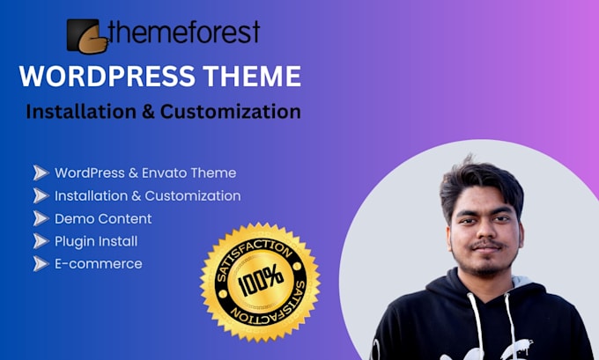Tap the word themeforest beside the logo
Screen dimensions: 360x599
pyautogui.click(x=185, y=33)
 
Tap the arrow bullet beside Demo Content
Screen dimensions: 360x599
pyautogui.click(x=40, y=218)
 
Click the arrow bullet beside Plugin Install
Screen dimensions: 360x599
pyautogui.click(x=40, y=241)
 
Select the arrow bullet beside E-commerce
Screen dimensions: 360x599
pyautogui.click(x=40, y=263)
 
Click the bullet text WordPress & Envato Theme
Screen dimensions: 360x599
pyautogui.click(x=145, y=173)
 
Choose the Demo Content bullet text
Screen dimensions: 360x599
pyautogui.click(x=103, y=218)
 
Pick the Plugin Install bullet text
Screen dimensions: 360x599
pyautogui.click(x=96, y=241)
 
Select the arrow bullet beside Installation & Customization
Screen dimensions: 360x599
pyautogui.click(x=40, y=195)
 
